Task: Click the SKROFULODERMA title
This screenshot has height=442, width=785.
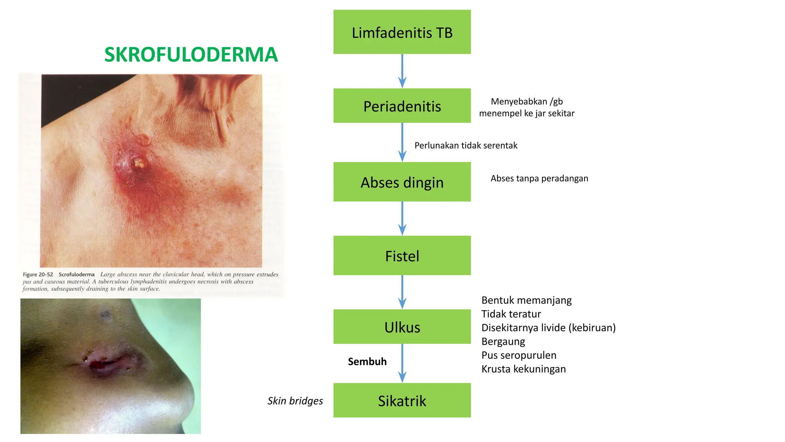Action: pyautogui.click(x=191, y=54)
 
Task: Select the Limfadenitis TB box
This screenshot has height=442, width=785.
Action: pyautogui.click(x=402, y=32)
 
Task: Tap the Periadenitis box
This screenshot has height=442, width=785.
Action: pyautogui.click(x=402, y=106)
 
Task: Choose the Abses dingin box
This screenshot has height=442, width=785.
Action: pyautogui.click(x=402, y=182)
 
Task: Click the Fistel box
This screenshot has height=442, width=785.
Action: pyautogui.click(x=402, y=256)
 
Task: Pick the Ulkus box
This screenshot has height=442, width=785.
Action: pyautogui.click(x=402, y=327)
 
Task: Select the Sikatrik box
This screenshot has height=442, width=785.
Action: pyautogui.click(x=402, y=401)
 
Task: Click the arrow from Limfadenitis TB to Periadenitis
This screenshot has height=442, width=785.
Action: pyautogui.click(x=402, y=71)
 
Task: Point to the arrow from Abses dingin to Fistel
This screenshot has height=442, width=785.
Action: pyautogui.click(x=402, y=219)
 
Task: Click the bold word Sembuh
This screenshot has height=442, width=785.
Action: pyautogui.click(x=367, y=361)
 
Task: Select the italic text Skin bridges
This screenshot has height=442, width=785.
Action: pyautogui.click(x=295, y=401)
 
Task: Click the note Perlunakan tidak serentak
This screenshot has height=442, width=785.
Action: pyautogui.click(x=466, y=145)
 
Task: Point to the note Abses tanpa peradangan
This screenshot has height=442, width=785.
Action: pyautogui.click(x=539, y=178)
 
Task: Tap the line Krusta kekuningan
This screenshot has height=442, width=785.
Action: pyautogui.click(x=524, y=369)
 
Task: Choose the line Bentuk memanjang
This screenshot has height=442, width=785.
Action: pyautogui.click(x=526, y=300)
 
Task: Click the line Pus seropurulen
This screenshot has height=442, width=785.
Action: pyautogui.click(x=519, y=355)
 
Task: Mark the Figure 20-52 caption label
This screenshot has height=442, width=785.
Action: pyautogui.click(x=38, y=275)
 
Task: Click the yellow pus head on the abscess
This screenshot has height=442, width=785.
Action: pyautogui.click(x=138, y=164)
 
